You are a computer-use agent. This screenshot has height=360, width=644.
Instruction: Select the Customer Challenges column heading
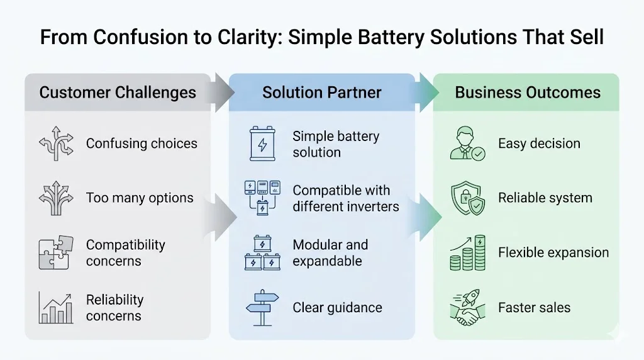point(118,93)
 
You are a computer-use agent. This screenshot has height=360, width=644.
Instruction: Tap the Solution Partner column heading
point(322,93)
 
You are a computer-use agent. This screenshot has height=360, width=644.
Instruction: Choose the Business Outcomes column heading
point(528,93)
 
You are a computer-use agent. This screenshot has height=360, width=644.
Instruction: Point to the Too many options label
point(140,198)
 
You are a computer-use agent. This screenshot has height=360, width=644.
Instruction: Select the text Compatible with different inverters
point(346,198)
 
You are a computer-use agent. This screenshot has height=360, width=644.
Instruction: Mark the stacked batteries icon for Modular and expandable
point(262,253)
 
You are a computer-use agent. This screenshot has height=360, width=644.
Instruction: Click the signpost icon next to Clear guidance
point(262,308)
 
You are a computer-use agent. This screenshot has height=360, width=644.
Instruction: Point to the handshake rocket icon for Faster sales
point(467,308)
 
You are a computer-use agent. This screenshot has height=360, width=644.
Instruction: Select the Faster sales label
point(534,308)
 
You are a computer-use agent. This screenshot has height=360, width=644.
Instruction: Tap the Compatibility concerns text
point(126,253)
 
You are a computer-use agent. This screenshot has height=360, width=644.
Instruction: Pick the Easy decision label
point(539,144)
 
